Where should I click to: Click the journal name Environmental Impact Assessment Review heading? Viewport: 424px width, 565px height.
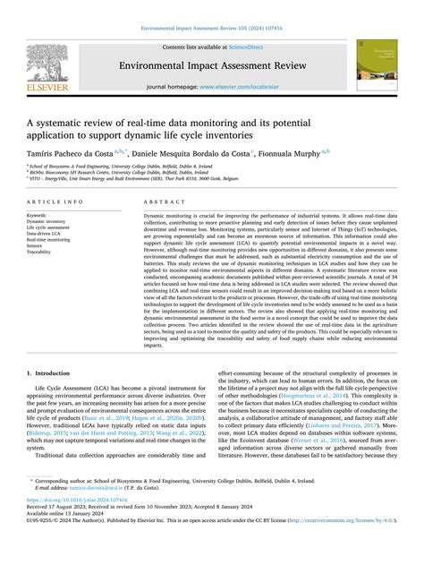click(211, 64)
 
